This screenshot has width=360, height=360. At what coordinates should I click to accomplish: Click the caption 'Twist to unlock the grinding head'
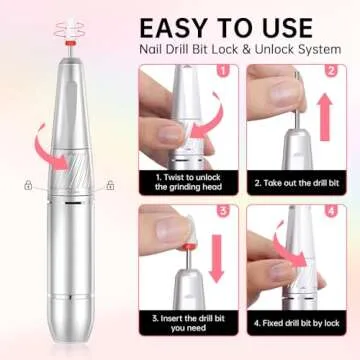[187, 182]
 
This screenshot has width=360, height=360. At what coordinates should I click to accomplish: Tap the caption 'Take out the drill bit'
[295, 182]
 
